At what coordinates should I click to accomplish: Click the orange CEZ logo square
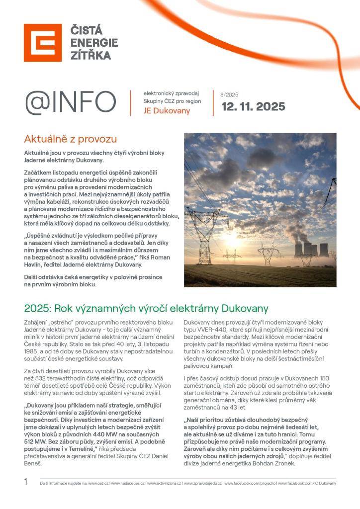[43, 43]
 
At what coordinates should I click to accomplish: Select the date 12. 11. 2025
[253, 106]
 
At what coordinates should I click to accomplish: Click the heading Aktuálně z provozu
[70, 139]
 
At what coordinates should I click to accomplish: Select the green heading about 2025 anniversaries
[146, 308]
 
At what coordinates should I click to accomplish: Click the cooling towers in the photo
[312, 249]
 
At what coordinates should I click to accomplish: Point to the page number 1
[26, 481]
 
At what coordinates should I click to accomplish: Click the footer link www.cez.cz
[98, 483]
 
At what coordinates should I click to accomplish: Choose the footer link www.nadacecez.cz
[128, 483]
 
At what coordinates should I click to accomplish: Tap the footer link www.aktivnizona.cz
[164, 483]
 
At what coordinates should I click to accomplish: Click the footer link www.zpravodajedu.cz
[203, 483]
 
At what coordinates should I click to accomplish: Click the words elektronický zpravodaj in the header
[171, 93]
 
